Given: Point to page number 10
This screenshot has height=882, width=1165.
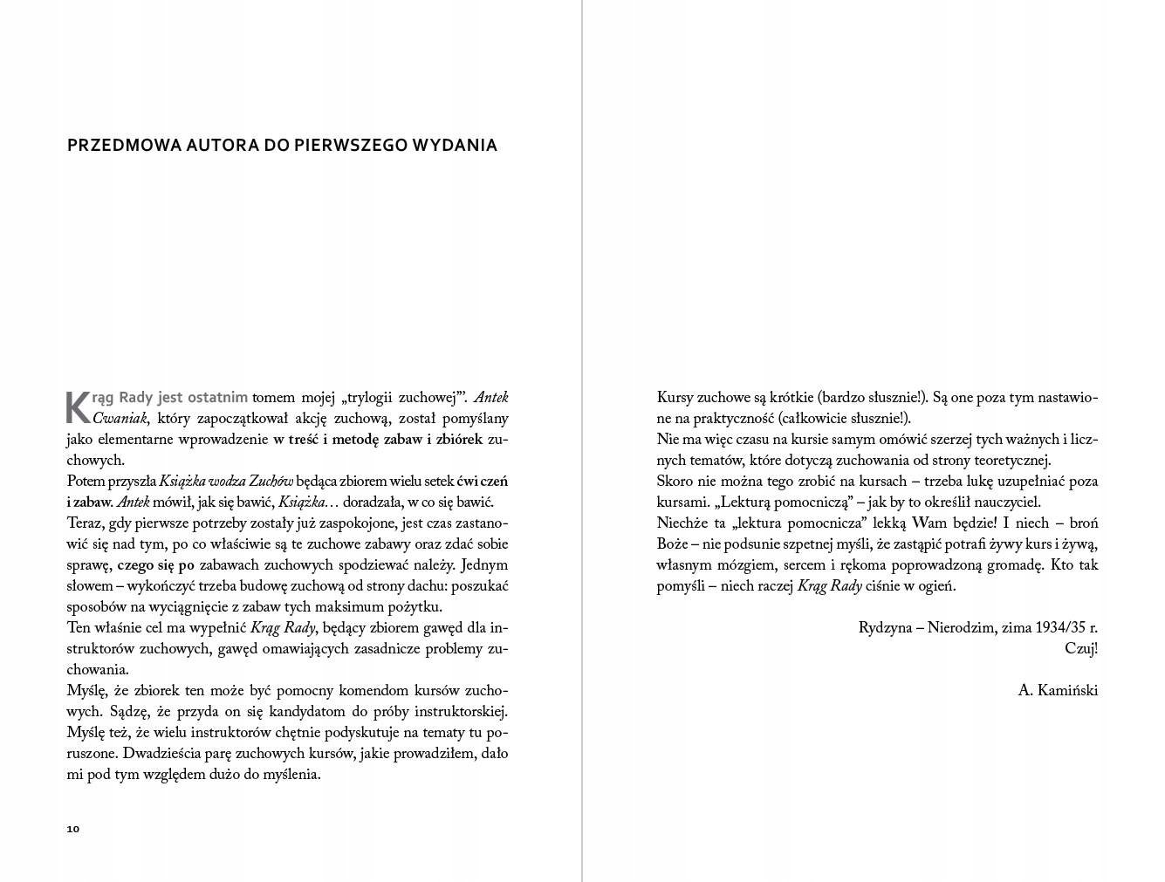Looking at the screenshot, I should click(72, 829).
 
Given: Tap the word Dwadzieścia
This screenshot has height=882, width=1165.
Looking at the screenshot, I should click(162, 754).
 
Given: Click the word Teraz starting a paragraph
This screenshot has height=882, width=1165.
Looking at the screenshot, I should click(85, 523).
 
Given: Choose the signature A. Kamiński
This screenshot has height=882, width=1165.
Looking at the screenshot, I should click(1057, 691).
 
